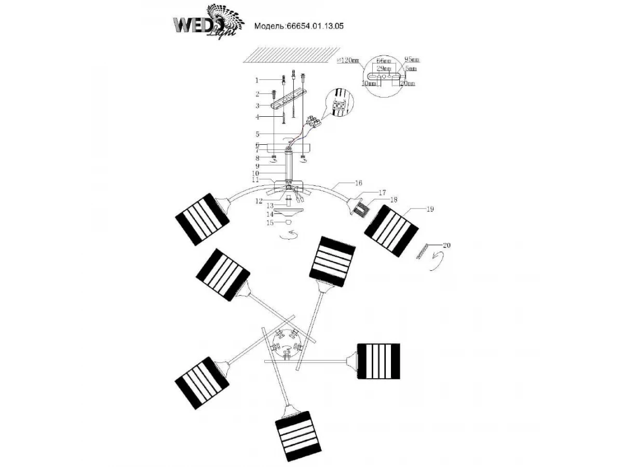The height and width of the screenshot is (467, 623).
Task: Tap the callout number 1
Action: (x=256, y=80)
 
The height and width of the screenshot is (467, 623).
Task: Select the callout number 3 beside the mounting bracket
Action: (x=256, y=106)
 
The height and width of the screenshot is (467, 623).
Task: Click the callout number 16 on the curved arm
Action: (x=359, y=183)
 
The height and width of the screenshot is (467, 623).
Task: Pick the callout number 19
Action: (x=430, y=209)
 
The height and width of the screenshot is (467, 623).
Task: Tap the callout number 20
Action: (x=446, y=245)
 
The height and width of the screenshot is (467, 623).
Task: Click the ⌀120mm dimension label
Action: (x=348, y=60)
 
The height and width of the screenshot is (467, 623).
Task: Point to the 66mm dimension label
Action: (x=384, y=61)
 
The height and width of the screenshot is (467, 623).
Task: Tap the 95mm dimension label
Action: (x=411, y=60)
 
